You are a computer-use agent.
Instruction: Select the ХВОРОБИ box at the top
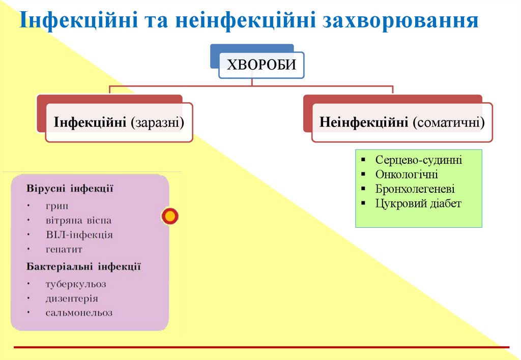[261, 65]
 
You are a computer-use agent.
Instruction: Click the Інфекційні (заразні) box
[119, 123]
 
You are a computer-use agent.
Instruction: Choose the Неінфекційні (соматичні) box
[402, 123]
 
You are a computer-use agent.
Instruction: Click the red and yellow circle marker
[170, 216]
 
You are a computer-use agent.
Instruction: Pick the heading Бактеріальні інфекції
[83, 266]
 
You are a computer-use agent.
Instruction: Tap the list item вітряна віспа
[78, 221]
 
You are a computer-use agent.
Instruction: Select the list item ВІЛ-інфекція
[79, 235]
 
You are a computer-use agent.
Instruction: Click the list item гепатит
[64, 250]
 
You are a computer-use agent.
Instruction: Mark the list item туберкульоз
[75, 284]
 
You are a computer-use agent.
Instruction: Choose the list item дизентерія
[71, 298]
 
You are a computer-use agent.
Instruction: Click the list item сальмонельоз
[79, 313]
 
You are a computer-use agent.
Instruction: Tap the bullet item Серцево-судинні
[418, 160]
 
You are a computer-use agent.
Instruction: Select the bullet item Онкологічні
[407, 174]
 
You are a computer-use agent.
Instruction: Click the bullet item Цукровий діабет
[418, 204]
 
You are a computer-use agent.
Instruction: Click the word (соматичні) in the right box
[448, 123]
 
